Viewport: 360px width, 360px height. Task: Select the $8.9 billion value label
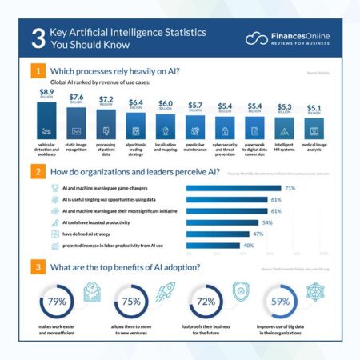47,94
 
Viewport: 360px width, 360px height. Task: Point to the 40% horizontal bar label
248,245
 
